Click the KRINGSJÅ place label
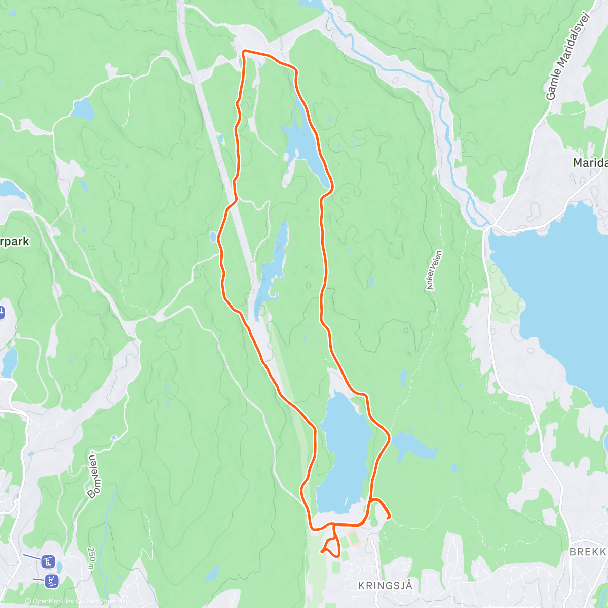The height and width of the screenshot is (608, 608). [x=385, y=586]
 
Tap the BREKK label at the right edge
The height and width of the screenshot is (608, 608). [x=588, y=552]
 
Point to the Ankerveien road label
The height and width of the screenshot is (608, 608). [x=434, y=270]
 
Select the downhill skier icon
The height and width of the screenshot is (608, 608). [x=52, y=581]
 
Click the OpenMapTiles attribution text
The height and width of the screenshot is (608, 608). [x=50, y=601]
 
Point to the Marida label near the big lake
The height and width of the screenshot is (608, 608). [x=590, y=163]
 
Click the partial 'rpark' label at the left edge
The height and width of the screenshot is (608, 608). [x=15, y=241]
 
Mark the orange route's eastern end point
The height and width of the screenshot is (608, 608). [x=388, y=517]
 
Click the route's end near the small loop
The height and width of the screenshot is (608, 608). [x=322, y=551]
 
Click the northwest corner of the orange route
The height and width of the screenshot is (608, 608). [x=244, y=51]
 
